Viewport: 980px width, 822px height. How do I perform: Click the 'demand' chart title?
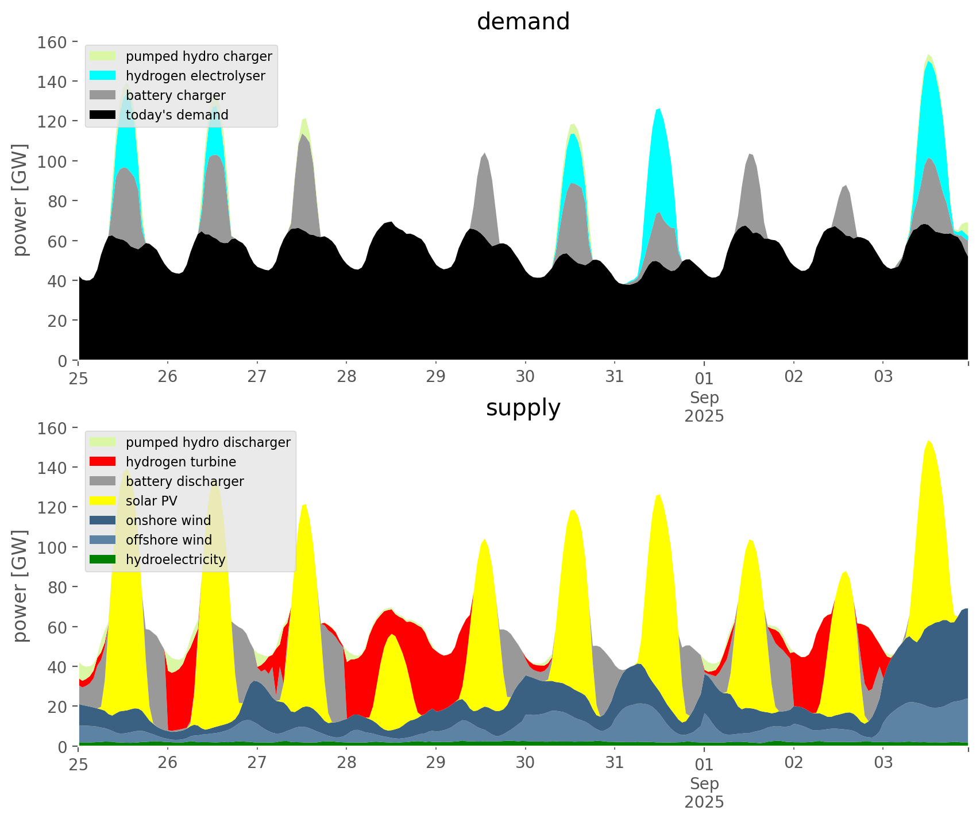coord(523,22)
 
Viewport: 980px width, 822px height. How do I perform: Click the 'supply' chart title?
coord(523,408)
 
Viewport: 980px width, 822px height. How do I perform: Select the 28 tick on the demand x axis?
coord(346,377)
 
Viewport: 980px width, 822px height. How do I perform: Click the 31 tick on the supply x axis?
coord(615,763)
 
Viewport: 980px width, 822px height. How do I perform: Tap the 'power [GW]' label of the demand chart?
coord(20,200)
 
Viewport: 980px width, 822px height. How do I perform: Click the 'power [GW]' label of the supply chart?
coord(20,586)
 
